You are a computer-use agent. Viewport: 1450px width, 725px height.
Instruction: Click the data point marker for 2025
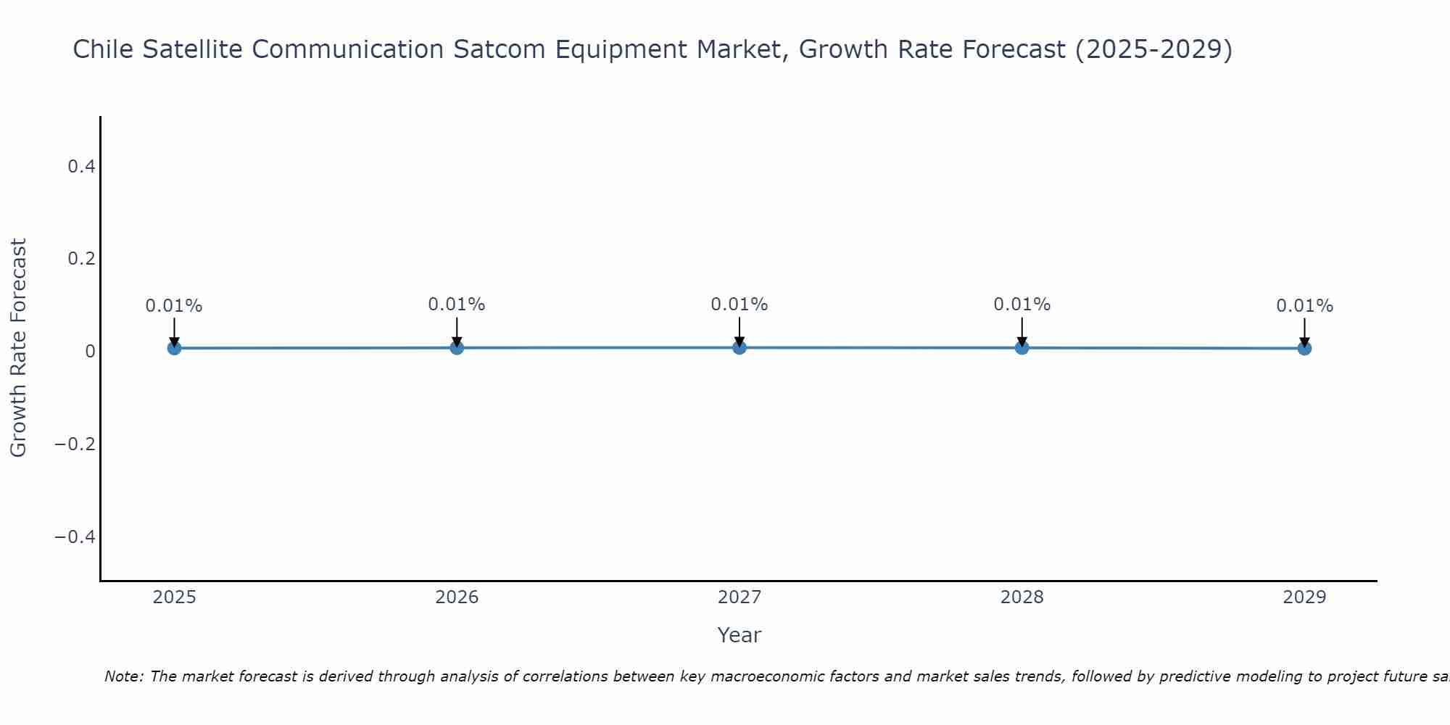pos(174,348)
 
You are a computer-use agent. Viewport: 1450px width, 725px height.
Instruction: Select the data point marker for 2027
pos(739,347)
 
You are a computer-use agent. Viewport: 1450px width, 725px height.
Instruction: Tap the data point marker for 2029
pos(1304,348)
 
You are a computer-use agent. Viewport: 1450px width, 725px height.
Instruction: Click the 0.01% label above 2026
pos(456,304)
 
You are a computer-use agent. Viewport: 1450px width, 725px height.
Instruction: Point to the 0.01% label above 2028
pos(1022,304)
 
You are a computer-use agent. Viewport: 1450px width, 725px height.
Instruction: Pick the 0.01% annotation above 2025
pos(174,306)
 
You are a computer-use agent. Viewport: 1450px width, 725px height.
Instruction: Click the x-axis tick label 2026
pos(457,597)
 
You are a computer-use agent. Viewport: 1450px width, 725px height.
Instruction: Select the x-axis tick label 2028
pos(1022,597)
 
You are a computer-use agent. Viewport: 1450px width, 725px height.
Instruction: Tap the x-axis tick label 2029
pos(1304,597)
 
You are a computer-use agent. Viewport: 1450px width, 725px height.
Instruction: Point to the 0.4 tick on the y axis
pos(81,167)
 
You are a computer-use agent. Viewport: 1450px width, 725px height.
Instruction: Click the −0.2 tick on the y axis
pos(75,444)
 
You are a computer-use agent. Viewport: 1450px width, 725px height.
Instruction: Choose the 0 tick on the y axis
pos(90,352)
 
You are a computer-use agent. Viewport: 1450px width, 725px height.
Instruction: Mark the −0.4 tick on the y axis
pos(75,536)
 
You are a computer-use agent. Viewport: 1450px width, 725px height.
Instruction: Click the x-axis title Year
pos(739,635)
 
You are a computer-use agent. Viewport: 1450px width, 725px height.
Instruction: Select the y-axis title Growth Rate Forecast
pos(18,348)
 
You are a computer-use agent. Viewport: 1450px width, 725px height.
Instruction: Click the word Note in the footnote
pos(123,676)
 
